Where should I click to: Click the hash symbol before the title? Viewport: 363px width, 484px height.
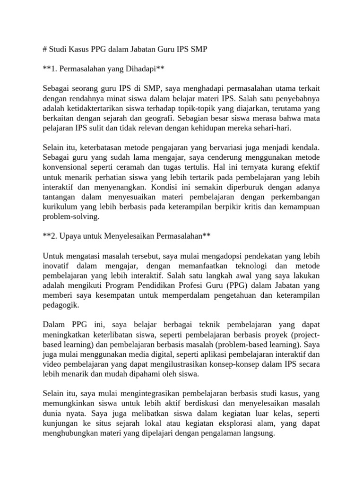45,49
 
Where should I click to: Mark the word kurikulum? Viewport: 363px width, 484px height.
59,206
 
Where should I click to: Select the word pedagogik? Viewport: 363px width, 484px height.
60,305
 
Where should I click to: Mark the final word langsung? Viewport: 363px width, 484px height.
259,433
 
